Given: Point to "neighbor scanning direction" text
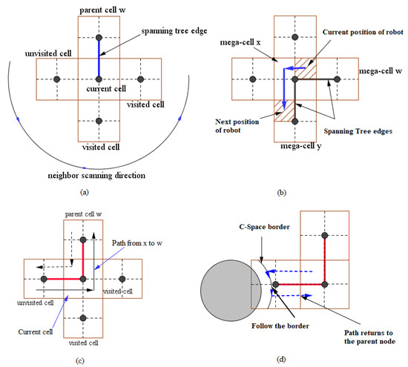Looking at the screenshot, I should (101, 175).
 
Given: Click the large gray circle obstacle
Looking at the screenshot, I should (229, 282).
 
